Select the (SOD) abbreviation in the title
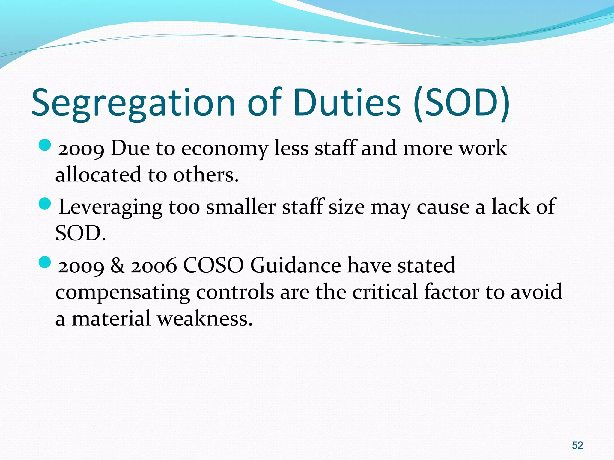462,103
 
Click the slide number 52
577,445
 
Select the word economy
225,149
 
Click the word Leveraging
110,208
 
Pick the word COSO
213,265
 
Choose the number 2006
154,266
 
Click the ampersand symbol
118,265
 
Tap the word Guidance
296,265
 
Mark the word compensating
123,293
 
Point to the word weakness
205,318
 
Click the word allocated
98,175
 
